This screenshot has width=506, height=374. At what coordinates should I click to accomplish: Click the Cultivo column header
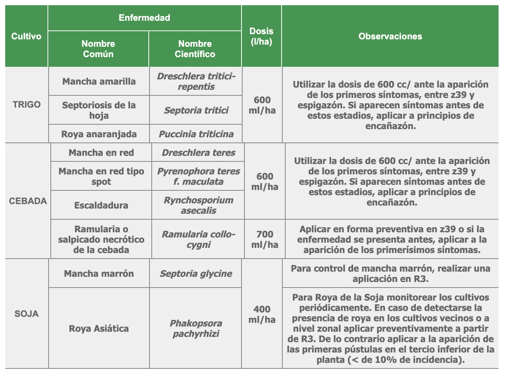click(x=26, y=36)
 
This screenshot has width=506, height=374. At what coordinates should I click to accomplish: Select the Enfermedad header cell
click(x=144, y=18)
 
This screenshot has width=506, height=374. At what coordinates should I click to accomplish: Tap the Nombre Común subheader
click(x=98, y=49)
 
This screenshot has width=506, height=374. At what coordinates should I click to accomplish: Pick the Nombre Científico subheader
click(x=195, y=49)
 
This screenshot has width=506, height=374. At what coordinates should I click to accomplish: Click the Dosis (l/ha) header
click(x=261, y=36)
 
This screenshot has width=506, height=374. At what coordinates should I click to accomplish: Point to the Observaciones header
click(x=390, y=36)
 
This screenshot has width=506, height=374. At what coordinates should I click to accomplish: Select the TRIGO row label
click(x=27, y=105)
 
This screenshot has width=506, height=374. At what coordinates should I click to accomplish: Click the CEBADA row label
click(x=28, y=201)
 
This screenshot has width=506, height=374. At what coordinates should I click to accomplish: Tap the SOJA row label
click(x=27, y=314)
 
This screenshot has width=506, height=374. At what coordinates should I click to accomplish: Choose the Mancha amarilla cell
click(x=99, y=82)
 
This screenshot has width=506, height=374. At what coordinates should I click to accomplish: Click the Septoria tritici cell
click(x=196, y=111)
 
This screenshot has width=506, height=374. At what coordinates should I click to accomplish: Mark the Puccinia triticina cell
click(x=196, y=134)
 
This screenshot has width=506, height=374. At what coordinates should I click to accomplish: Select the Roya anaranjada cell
click(x=99, y=134)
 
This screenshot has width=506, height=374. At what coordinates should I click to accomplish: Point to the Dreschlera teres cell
click(x=198, y=153)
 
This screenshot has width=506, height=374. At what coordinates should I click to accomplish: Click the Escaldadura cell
click(x=101, y=206)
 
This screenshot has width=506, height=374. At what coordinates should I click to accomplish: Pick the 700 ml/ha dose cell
click(x=265, y=239)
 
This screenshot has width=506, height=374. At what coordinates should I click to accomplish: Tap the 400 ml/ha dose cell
click(x=262, y=314)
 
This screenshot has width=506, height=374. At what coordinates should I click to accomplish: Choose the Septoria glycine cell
click(x=196, y=274)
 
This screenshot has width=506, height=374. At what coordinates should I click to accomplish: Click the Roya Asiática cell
click(x=99, y=329)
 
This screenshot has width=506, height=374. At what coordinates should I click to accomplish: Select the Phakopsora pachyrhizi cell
click(x=196, y=329)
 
